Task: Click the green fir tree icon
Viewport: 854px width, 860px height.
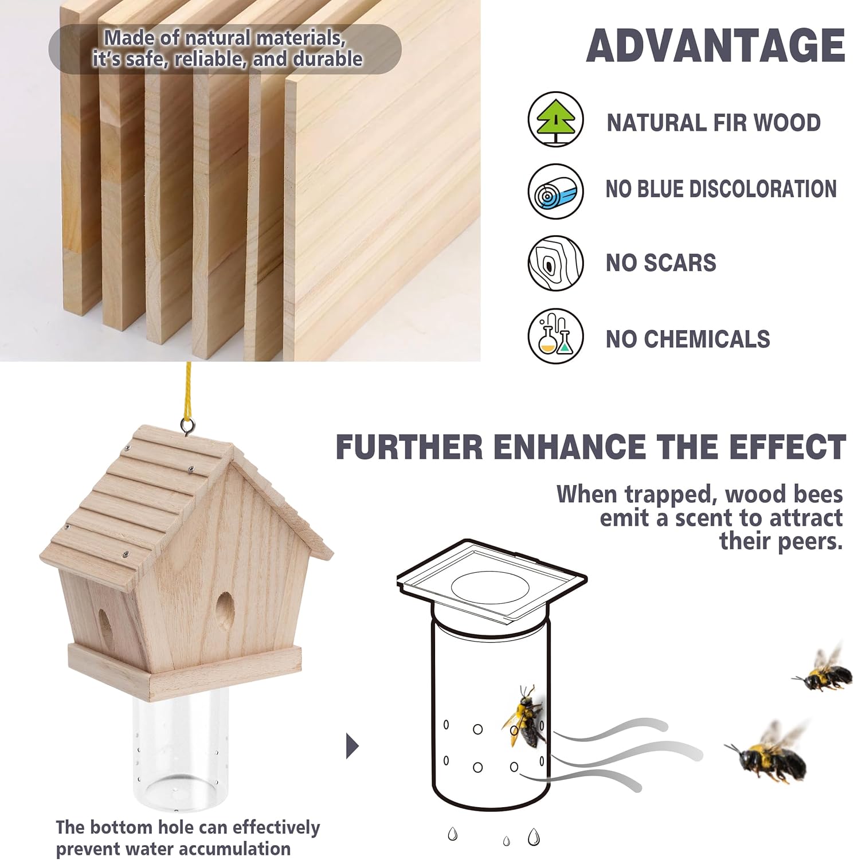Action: pyautogui.click(x=555, y=119)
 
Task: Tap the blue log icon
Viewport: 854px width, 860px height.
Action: pyautogui.click(x=555, y=191)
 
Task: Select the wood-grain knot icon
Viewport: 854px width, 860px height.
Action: pyautogui.click(x=555, y=263)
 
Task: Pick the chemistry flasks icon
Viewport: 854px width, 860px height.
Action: pyautogui.click(x=555, y=336)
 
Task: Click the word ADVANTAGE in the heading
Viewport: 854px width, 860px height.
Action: pyautogui.click(x=715, y=46)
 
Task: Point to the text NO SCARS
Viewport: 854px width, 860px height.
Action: pyautogui.click(x=661, y=263)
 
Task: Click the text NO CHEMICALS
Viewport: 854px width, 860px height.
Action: pyautogui.click(x=688, y=339)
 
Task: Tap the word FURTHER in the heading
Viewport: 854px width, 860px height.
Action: pyautogui.click(x=409, y=448)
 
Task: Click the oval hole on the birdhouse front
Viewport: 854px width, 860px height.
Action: pyautogui.click(x=224, y=612)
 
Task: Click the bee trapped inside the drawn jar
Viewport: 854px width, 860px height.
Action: pyautogui.click(x=525, y=717)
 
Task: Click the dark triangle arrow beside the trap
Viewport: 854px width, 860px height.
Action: pyautogui.click(x=352, y=746)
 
